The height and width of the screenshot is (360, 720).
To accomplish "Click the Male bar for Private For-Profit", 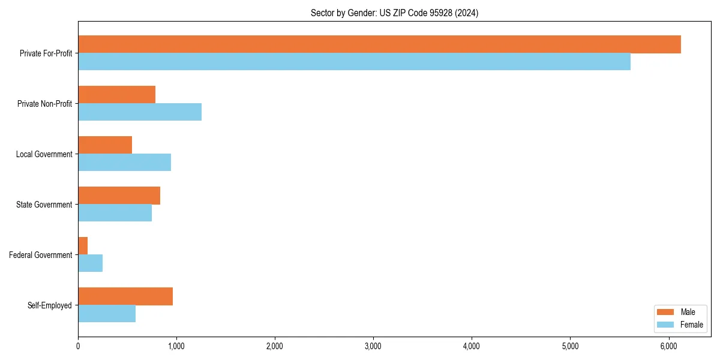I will (379, 44).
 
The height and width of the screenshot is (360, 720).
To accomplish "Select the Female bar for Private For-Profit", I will (354, 62).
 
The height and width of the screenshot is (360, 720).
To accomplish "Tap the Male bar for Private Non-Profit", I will (116, 95).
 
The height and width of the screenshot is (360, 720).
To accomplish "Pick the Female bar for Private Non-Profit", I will (140, 112).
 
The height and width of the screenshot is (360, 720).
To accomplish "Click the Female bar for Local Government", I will (124, 163).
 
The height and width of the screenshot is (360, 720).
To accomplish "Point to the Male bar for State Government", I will (119, 196).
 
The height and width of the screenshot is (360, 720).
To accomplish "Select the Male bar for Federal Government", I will (83, 246).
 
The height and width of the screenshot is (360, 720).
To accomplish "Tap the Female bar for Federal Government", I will (90, 263).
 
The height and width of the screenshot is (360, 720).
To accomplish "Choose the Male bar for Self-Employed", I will (125, 296).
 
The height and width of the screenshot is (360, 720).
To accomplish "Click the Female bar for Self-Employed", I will (107, 314).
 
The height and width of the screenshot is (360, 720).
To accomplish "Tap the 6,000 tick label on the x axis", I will (668, 346).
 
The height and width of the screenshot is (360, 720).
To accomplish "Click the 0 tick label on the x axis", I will (78, 346).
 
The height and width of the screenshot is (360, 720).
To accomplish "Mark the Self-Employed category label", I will (50, 305).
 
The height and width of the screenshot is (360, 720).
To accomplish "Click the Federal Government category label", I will (41, 255).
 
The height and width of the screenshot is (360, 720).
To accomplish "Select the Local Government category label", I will (44, 154).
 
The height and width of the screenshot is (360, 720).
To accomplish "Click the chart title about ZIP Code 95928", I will (394, 13).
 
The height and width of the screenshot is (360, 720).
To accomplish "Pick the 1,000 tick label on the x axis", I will (176, 346).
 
